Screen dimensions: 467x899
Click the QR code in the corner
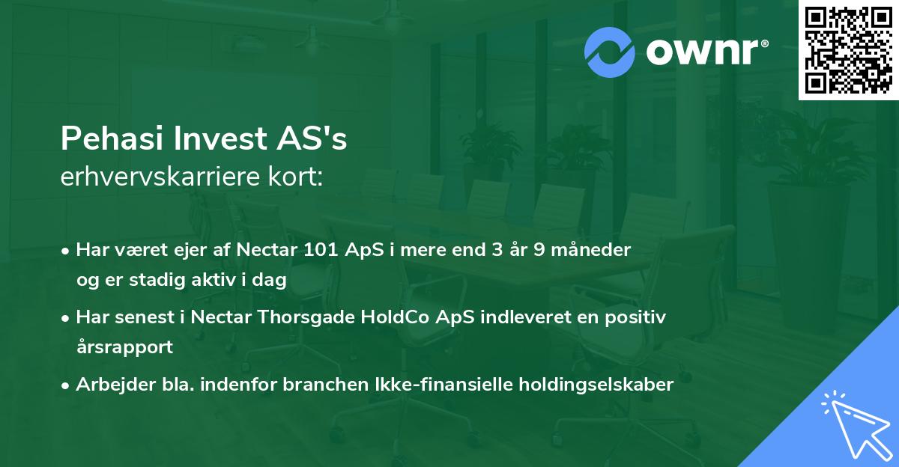tap(848, 50)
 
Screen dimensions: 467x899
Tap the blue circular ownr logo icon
tap(610, 52)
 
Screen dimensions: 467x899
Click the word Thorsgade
tap(296, 317)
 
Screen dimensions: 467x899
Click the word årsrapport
tap(124, 347)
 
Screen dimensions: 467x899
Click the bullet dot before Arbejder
tap(67, 385)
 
